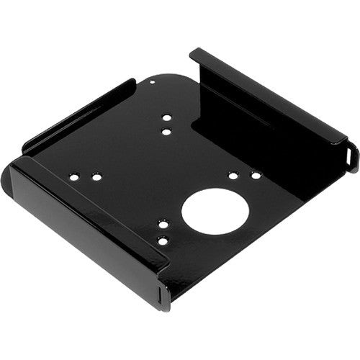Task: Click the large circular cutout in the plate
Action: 215,210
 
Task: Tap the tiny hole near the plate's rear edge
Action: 151,82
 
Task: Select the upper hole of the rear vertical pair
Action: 166,117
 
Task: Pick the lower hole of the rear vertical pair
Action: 166,132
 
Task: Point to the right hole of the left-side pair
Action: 96,176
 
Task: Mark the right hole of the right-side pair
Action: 255,175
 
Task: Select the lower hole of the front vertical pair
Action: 163,243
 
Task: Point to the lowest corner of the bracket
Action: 167,307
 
